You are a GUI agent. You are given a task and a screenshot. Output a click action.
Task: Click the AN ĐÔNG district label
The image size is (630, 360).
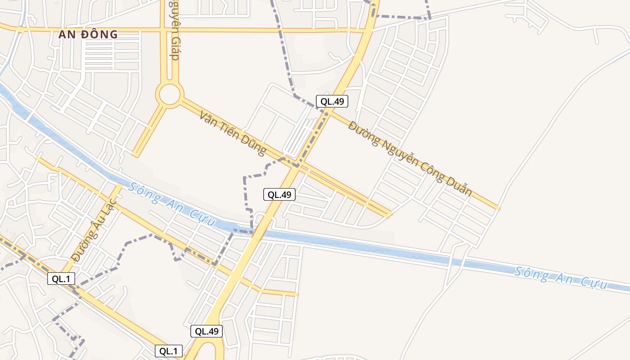88,34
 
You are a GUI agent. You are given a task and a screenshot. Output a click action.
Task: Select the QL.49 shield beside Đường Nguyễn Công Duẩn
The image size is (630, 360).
332,101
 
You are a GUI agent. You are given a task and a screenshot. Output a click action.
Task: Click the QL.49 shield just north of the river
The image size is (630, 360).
279,194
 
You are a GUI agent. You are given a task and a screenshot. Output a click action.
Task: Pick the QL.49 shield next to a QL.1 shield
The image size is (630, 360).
207,331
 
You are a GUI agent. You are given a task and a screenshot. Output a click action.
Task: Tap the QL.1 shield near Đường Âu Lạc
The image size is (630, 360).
61,279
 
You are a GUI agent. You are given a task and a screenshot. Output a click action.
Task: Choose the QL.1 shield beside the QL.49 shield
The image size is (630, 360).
169,351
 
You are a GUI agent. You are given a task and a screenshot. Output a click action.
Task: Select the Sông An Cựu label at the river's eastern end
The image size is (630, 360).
561,277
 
